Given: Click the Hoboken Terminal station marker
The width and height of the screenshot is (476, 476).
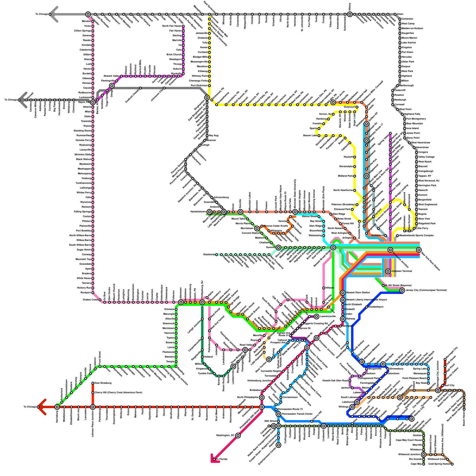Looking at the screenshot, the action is (x=388, y=271).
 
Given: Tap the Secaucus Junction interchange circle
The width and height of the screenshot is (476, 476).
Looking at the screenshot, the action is (x=390, y=250).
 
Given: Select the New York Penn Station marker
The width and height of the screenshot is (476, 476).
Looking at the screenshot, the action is (x=419, y=250).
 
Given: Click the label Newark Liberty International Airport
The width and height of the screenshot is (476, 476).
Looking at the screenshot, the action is (x=366, y=300).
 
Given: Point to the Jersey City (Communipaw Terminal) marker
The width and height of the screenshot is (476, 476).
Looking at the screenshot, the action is (x=402, y=290).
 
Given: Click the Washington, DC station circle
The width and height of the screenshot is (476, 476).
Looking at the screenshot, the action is (x=238, y=436).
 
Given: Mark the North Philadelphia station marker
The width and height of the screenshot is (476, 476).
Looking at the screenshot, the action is (x=262, y=397).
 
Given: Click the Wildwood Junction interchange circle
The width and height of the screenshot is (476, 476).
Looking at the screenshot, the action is (x=424, y=455).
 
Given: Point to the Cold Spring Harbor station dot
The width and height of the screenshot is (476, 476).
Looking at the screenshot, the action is (x=452, y=464).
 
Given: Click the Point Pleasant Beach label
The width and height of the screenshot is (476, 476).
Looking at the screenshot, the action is (x=414, y=378).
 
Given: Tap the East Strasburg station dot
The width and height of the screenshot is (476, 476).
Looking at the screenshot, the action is (x=93, y=383).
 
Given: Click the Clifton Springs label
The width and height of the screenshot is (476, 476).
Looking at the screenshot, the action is (x=82, y=31).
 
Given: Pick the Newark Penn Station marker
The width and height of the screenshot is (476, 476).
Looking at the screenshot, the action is (x=343, y=293).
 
